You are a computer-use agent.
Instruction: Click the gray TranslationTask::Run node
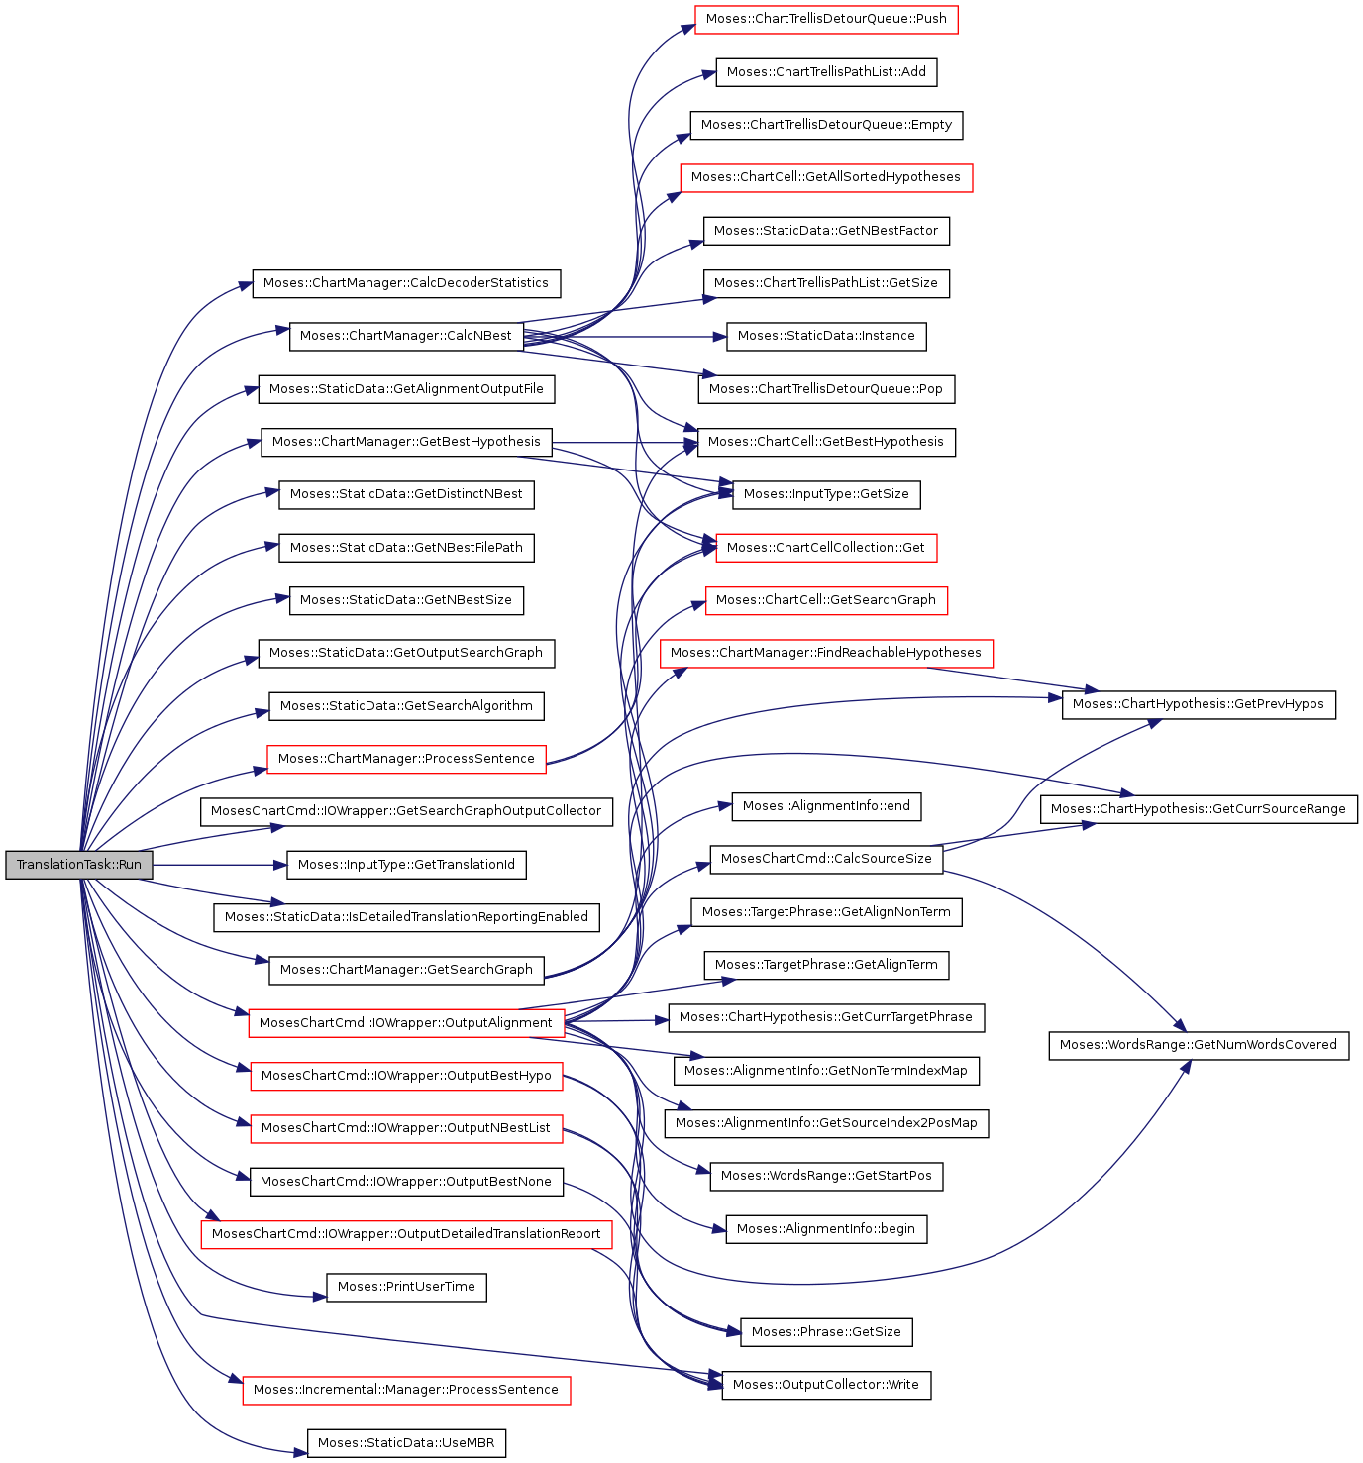pyautogui.click(x=79, y=864)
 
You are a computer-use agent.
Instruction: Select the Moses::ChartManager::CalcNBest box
pyautogui.click(x=405, y=336)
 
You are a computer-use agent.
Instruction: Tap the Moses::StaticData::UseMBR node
pyautogui.click(x=406, y=1442)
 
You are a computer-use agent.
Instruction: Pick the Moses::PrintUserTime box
pyautogui.click(x=406, y=1287)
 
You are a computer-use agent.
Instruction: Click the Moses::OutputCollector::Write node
pyautogui.click(x=826, y=1384)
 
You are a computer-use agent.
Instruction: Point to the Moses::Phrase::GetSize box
pyautogui.click(x=826, y=1332)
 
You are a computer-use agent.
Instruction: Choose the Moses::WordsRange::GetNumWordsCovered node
pyautogui.click(x=1198, y=1045)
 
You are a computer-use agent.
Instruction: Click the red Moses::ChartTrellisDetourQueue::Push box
pyautogui.click(x=826, y=19)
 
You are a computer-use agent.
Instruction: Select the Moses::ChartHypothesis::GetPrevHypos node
pyautogui.click(x=1198, y=704)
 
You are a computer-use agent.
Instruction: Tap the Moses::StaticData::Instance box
pyautogui.click(x=826, y=336)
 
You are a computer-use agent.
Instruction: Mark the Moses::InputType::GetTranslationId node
pyautogui.click(x=406, y=864)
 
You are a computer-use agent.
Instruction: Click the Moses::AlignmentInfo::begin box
pyautogui.click(x=826, y=1229)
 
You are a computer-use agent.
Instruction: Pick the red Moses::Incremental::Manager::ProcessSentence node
pyautogui.click(x=406, y=1390)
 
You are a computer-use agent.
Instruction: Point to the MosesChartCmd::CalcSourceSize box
pyautogui.click(x=826, y=859)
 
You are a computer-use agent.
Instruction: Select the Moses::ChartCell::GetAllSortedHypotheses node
pyautogui.click(x=826, y=177)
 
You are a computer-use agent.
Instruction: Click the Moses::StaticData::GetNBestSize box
pyautogui.click(x=406, y=600)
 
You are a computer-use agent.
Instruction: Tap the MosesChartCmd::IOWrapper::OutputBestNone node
pyautogui.click(x=406, y=1182)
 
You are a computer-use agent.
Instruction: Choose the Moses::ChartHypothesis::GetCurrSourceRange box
pyautogui.click(x=1198, y=809)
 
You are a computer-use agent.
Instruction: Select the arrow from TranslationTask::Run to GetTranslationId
pyautogui.click(x=220, y=865)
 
